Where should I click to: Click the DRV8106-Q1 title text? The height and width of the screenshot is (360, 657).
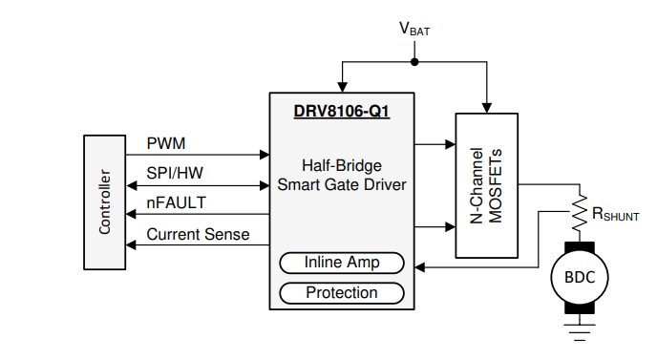pyautogui.click(x=341, y=111)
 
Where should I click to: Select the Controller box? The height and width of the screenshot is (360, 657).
pyautogui.click(x=105, y=201)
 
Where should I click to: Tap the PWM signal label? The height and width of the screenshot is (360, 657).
pyautogui.click(x=166, y=143)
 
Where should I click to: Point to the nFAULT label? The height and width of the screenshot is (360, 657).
pyautogui.click(x=176, y=202)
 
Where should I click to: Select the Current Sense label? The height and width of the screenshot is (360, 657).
pyautogui.click(x=198, y=233)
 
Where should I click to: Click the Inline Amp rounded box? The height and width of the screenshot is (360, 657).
pyautogui.click(x=341, y=263)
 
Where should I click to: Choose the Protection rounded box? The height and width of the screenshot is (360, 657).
pyautogui.click(x=341, y=292)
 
